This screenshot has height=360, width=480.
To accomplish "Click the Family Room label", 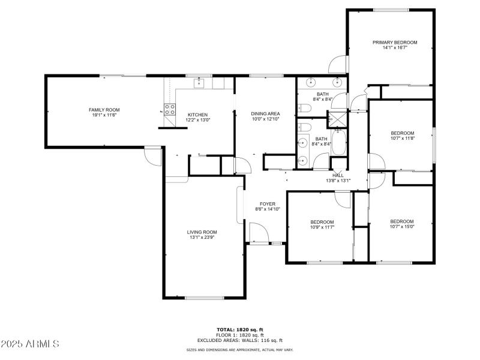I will coord(104,110).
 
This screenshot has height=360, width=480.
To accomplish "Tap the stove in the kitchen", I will coord(170,110).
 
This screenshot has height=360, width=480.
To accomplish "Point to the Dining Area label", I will coord(265,113).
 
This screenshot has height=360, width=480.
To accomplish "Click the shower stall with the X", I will coord(337,119).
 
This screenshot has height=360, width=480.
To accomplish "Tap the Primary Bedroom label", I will coord(394,43).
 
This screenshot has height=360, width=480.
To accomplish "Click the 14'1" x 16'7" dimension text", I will coord(394,48).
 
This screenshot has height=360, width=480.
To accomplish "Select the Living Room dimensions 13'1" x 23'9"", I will coord(202,238).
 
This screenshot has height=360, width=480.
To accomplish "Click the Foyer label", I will coord(267,204).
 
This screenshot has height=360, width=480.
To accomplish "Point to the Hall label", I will coord(338,175).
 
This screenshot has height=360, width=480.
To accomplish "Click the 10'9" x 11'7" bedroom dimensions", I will coord(322,227).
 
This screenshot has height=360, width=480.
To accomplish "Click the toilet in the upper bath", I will coord(305,108).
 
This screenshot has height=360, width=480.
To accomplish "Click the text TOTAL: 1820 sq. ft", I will coord(240,329).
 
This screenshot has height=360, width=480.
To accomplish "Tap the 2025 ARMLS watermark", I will coord(30,344).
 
